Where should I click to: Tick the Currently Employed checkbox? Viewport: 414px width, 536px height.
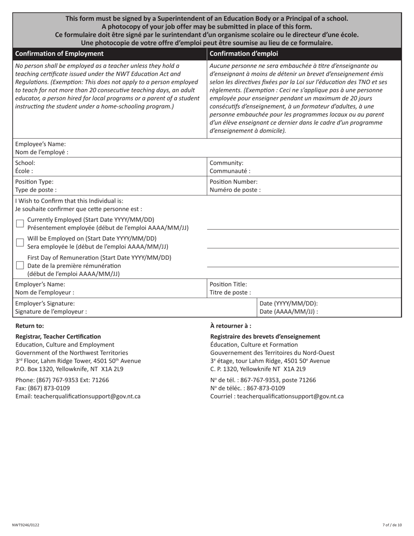coord(20,224)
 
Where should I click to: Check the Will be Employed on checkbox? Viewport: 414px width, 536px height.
coord(20,243)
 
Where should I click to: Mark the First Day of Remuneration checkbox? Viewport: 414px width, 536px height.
coord(20,265)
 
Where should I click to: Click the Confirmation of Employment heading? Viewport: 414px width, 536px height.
coord(59,54)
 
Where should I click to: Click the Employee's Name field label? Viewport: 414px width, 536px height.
coord(41,144)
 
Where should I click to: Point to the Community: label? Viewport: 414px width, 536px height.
coord(227,163)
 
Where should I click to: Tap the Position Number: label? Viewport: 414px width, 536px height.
coord(234,182)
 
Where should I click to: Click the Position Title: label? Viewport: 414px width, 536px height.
coord(228,284)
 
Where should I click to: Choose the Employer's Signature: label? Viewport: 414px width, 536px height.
coord(45,303)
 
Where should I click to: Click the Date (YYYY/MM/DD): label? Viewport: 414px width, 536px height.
coord(288,303)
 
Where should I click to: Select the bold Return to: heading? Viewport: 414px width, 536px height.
coord(30,326)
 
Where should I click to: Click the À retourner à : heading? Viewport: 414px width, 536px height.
coord(231,326)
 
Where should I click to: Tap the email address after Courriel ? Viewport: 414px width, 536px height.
coord(290,396)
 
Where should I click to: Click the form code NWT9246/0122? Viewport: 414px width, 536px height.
coord(25,525)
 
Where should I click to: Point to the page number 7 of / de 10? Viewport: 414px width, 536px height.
coord(392,525)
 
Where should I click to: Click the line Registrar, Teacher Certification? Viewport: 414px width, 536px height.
coord(58,336)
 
